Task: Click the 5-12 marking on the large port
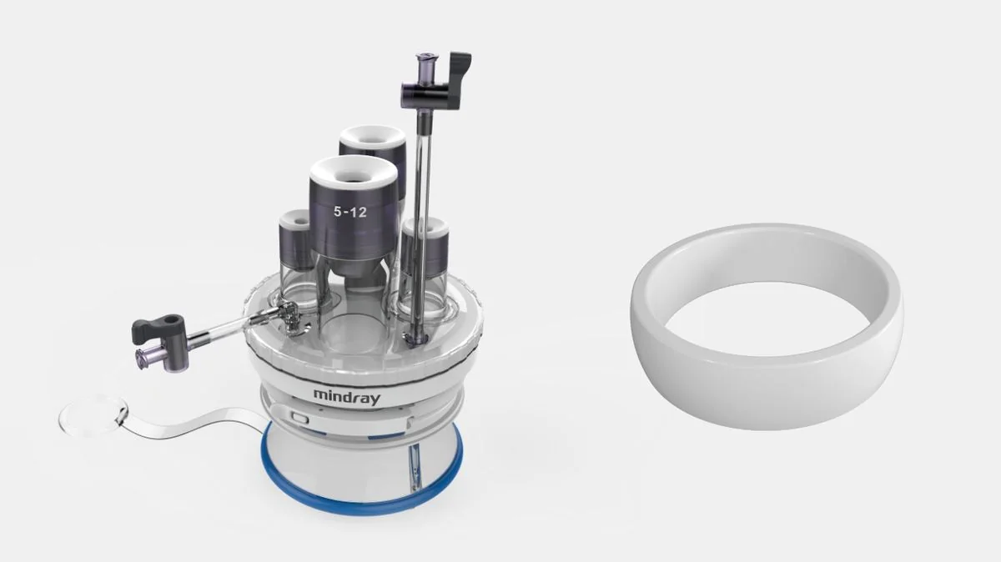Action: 350,212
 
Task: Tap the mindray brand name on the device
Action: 347,396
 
